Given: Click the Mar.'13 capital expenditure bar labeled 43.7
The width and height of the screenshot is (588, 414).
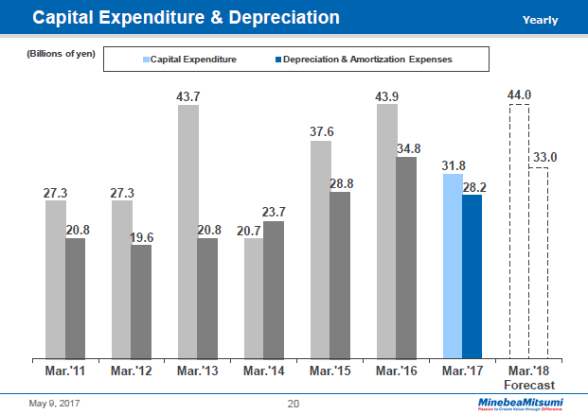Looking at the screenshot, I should click(188, 232).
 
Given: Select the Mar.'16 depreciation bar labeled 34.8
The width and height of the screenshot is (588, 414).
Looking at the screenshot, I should click(406, 257).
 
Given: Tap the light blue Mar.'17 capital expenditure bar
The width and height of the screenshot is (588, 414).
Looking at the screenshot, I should click(453, 266).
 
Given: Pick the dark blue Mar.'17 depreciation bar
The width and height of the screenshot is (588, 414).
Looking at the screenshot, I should click(472, 276).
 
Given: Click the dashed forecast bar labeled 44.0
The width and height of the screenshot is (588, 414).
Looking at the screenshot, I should click(518, 232).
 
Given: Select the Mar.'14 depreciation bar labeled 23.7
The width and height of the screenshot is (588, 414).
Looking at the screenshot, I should click(274, 289).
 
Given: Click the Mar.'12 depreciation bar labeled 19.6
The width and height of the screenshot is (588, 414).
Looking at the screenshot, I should click(141, 302).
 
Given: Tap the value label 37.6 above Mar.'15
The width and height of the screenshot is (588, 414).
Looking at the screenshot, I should click(322, 131).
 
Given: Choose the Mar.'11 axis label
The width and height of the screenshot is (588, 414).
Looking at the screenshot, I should click(65, 371).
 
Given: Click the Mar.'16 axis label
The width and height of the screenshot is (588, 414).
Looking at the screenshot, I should click(396, 371).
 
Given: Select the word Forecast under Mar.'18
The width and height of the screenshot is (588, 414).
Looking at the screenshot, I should click(528, 385).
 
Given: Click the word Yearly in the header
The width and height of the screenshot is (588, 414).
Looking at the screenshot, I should click(541, 20).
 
